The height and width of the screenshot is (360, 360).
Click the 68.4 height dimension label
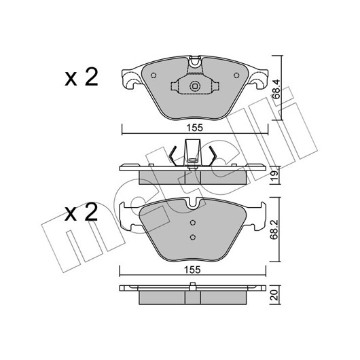[x=276, y=89]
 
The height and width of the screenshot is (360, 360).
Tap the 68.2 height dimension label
[x=274, y=230]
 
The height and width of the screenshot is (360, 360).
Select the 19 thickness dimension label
[x=275, y=175]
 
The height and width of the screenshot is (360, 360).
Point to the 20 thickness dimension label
[x=274, y=295]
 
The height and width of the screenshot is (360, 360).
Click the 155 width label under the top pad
[x=195, y=128]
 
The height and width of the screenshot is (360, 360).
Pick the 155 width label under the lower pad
[x=193, y=270]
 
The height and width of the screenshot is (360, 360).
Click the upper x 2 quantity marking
[x=82, y=77]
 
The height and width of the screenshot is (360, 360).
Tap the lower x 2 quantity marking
[x=81, y=212]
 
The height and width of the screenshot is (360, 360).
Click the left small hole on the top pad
[x=154, y=75]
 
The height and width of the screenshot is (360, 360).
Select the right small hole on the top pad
[x=236, y=75]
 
